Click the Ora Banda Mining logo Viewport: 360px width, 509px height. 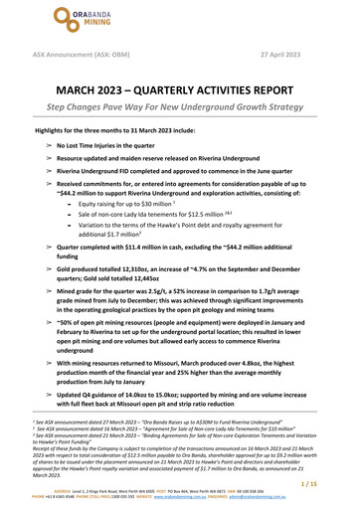click(176, 20)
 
